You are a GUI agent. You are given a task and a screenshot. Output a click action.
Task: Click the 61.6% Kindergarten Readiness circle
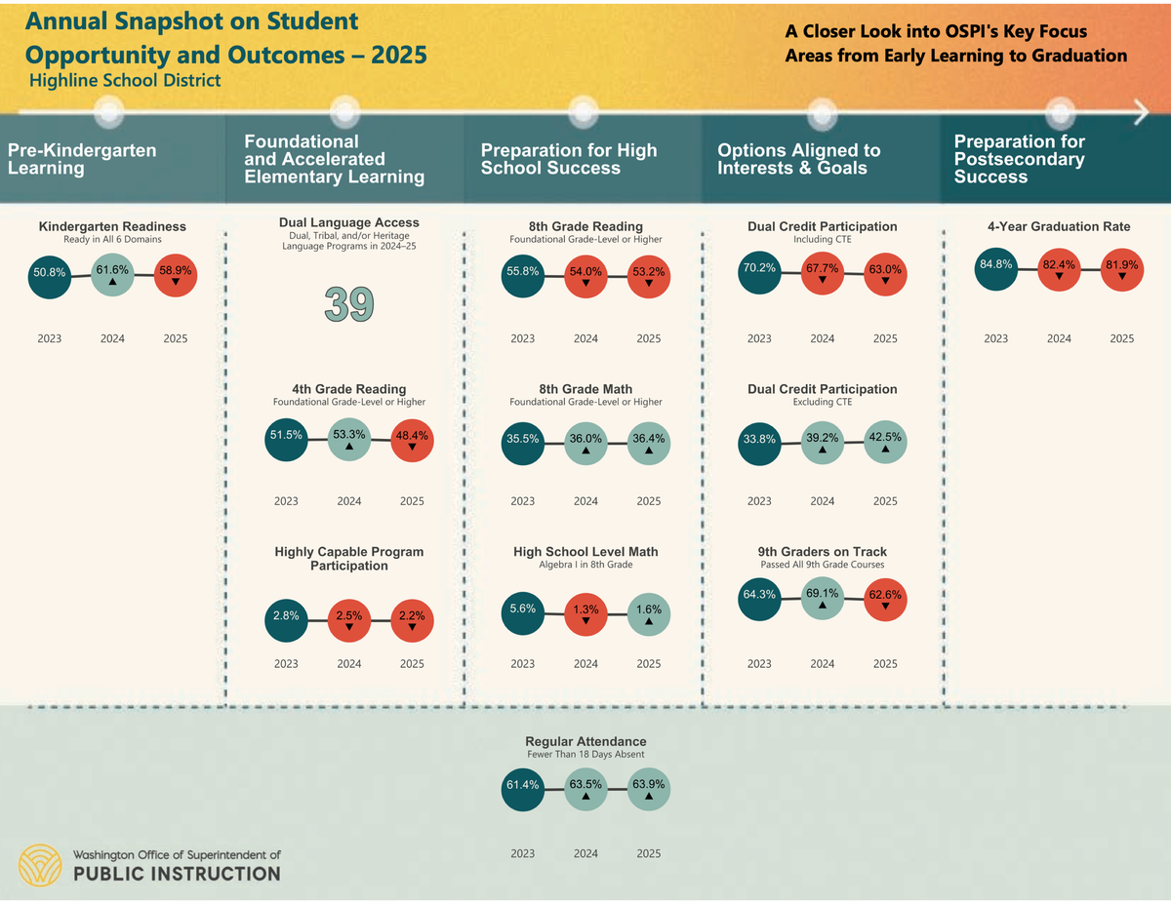click(x=112, y=273)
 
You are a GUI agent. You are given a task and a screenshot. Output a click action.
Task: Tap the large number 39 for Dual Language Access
click(x=349, y=304)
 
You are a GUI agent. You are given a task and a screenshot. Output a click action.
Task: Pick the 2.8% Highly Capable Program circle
click(x=286, y=617)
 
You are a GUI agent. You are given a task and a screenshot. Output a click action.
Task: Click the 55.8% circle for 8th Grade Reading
click(x=523, y=274)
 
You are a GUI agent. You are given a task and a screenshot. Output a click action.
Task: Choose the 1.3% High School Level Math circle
click(x=585, y=614)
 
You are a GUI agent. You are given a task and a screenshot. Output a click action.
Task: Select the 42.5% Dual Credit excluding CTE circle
click(x=885, y=442)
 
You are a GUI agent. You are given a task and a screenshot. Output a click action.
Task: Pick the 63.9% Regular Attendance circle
click(x=648, y=788)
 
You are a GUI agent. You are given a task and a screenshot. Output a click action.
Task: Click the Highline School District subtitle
click(x=125, y=80)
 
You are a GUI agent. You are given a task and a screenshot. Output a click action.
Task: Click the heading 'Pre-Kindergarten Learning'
click(x=82, y=159)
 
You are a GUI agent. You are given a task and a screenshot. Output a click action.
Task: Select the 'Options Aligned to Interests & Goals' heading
click(x=798, y=159)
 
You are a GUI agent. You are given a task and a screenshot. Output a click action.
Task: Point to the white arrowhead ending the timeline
click(x=1142, y=113)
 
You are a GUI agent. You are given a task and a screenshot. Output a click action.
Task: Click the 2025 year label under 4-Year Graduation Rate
click(x=1122, y=338)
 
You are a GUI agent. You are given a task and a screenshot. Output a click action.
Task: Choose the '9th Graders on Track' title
click(x=823, y=552)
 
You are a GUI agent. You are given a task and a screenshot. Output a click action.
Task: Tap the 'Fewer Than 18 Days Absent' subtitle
click(x=585, y=754)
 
